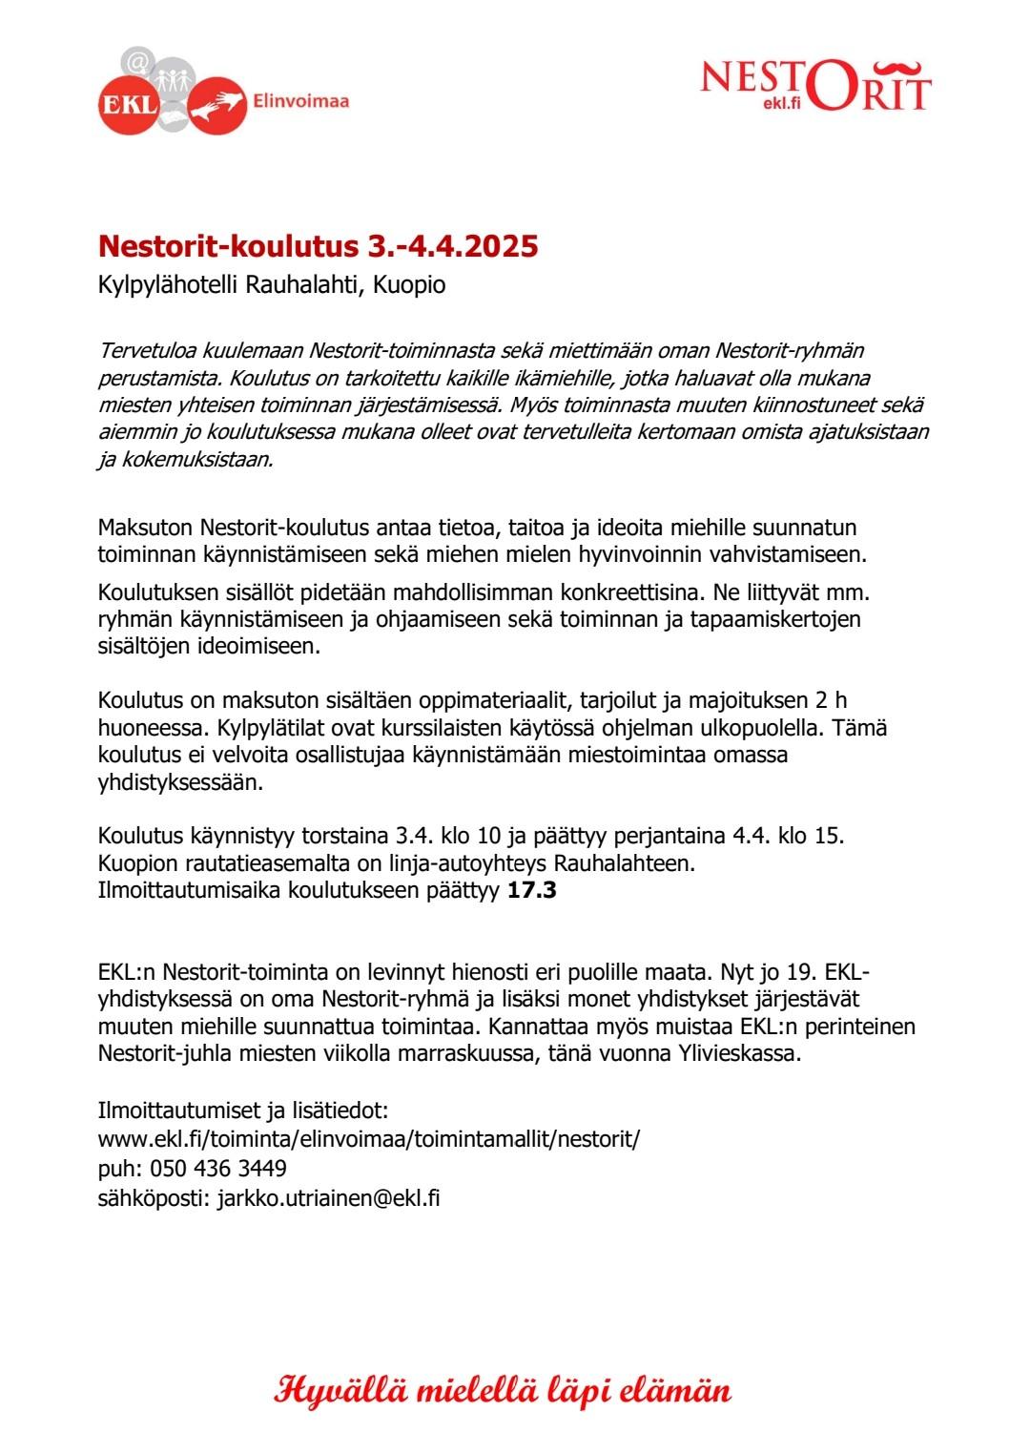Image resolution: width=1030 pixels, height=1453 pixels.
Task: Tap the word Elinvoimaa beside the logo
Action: pyautogui.click(x=301, y=100)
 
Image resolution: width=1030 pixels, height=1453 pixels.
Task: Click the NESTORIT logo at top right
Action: pyautogui.click(x=815, y=85)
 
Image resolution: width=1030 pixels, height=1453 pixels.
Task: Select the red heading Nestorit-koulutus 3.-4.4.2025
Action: pyautogui.click(x=318, y=246)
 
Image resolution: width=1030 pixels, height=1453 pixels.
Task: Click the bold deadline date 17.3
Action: pyautogui.click(x=532, y=891)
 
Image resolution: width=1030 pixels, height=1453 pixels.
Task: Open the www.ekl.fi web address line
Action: pyautogui.click(x=369, y=1139)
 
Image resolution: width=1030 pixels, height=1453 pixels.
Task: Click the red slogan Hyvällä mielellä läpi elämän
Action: pyautogui.click(x=503, y=1390)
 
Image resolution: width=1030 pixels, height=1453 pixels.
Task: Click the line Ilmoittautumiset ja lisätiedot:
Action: pyautogui.click(x=243, y=1111)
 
